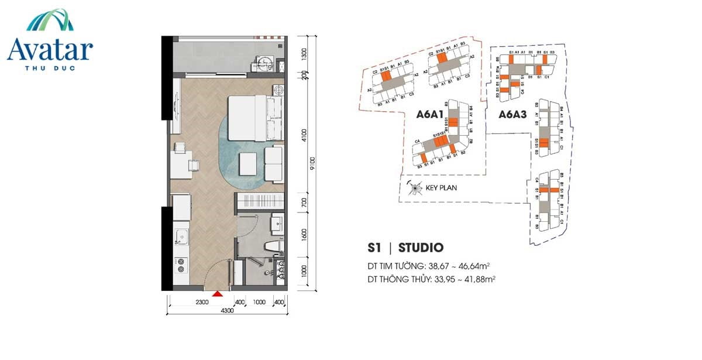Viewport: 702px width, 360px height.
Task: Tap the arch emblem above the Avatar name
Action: [50, 20]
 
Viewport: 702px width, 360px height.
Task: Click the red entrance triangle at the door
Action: [218, 294]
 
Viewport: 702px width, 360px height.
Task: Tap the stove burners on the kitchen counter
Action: [181, 266]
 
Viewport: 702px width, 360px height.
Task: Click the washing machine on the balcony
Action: [265, 63]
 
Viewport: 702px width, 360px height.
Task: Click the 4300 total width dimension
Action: [227, 310]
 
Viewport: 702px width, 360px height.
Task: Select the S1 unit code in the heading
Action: [374, 248]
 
